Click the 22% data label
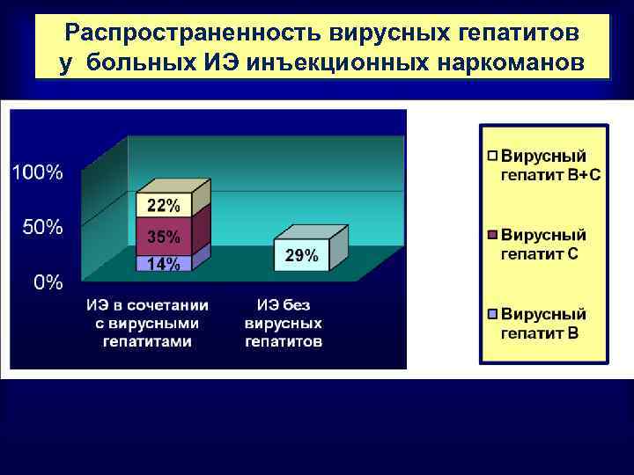(x=163, y=206)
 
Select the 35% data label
(x=163, y=237)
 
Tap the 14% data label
(x=163, y=263)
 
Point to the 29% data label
(x=302, y=255)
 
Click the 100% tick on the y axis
(x=37, y=172)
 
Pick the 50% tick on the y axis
(x=41, y=227)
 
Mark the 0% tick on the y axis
(x=48, y=282)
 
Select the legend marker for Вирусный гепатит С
(x=493, y=236)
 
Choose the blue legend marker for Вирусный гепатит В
(x=493, y=314)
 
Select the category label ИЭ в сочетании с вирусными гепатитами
(x=147, y=323)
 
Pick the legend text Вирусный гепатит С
(x=544, y=245)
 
